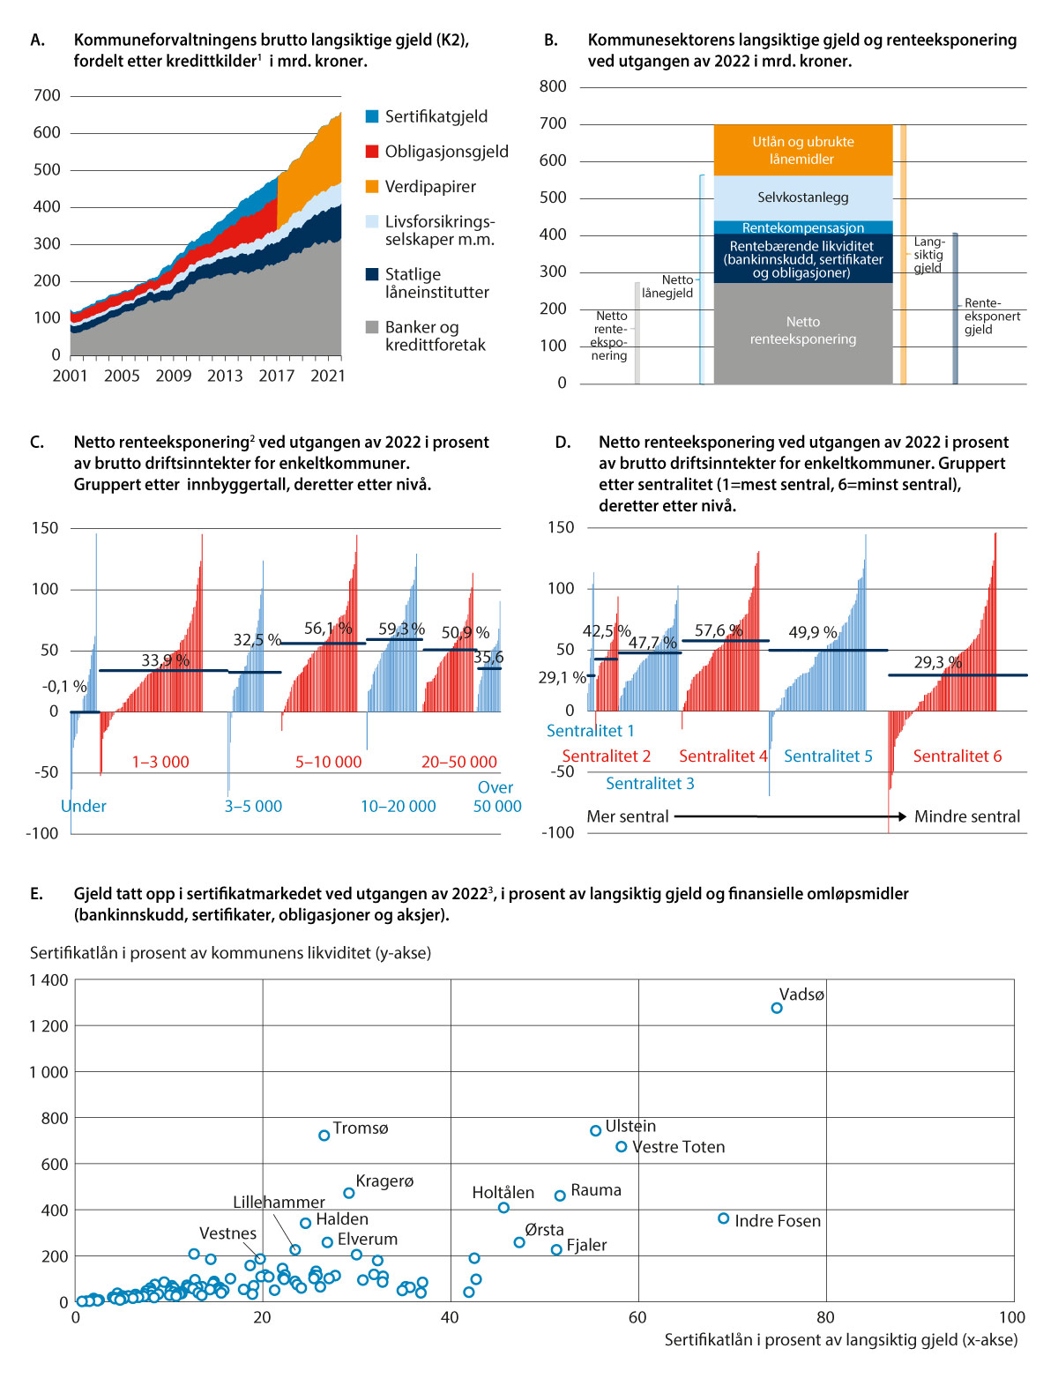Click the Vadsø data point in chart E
777,1008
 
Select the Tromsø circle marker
324,1136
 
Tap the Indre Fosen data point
724,1218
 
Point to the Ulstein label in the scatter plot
630,1126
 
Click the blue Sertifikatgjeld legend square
372,116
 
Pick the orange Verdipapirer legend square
372,187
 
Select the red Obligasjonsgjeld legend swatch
372,152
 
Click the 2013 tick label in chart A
225,376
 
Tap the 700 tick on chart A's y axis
47,95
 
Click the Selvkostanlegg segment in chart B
802,197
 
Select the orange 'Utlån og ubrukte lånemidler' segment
802,150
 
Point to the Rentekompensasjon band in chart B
802,227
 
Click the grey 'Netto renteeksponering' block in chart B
802,331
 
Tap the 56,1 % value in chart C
328,629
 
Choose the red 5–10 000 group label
328,762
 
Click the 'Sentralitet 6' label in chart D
957,756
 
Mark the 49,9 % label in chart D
812,632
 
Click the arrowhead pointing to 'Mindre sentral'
902,816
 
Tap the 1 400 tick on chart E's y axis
48,980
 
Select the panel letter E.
36,893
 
